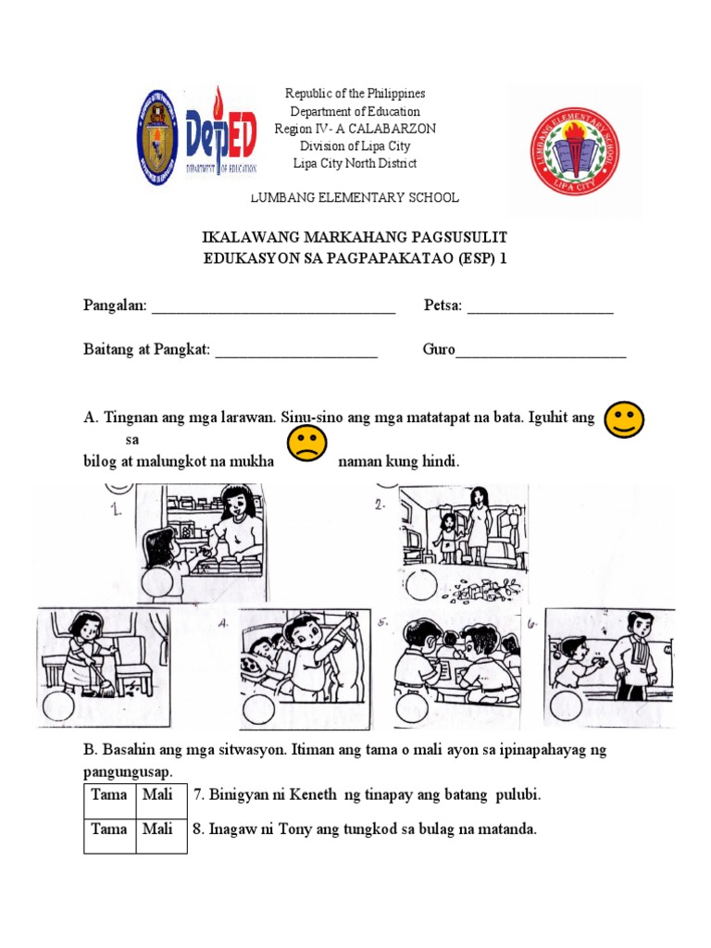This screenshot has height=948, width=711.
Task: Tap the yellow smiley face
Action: pyautogui.click(x=623, y=419)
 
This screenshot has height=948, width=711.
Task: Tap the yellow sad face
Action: pyautogui.click(x=306, y=444)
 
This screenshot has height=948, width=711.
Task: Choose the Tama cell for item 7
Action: pyautogui.click(x=109, y=795)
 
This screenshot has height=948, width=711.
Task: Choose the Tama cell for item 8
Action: pyautogui.click(x=109, y=829)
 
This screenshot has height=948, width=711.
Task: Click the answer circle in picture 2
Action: pyautogui.click(x=422, y=584)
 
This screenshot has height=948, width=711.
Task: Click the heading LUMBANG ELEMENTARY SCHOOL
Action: pyautogui.click(x=355, y=198)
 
